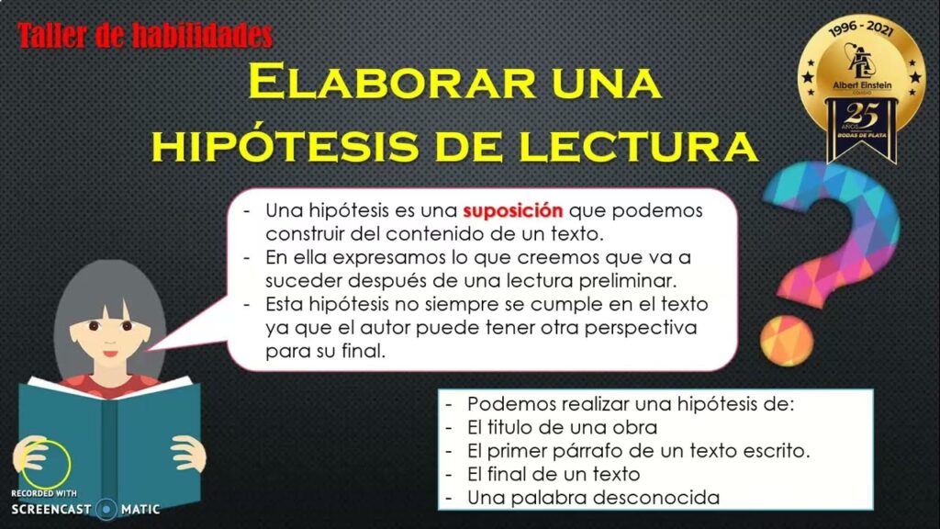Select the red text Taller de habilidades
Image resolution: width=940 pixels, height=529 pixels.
(145, 36)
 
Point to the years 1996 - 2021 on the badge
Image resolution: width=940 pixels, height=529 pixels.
(861, 28)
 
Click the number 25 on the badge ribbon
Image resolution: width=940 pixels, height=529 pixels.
(861, 114)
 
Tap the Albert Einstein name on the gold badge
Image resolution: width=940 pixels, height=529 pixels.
(862, 85)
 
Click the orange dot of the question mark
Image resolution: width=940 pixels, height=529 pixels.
(787, 340)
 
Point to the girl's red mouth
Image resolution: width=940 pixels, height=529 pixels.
(110, 353)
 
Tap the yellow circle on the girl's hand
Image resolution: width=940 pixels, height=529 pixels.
(46, 464)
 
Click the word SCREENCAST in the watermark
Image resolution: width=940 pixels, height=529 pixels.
(51, 510)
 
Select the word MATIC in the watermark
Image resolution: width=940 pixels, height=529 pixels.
(140, 510)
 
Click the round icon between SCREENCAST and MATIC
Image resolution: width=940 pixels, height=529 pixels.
(106, 510)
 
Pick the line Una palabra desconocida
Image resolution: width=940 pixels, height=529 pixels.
(593, 498)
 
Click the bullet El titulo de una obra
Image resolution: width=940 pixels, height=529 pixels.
(562, 428)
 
